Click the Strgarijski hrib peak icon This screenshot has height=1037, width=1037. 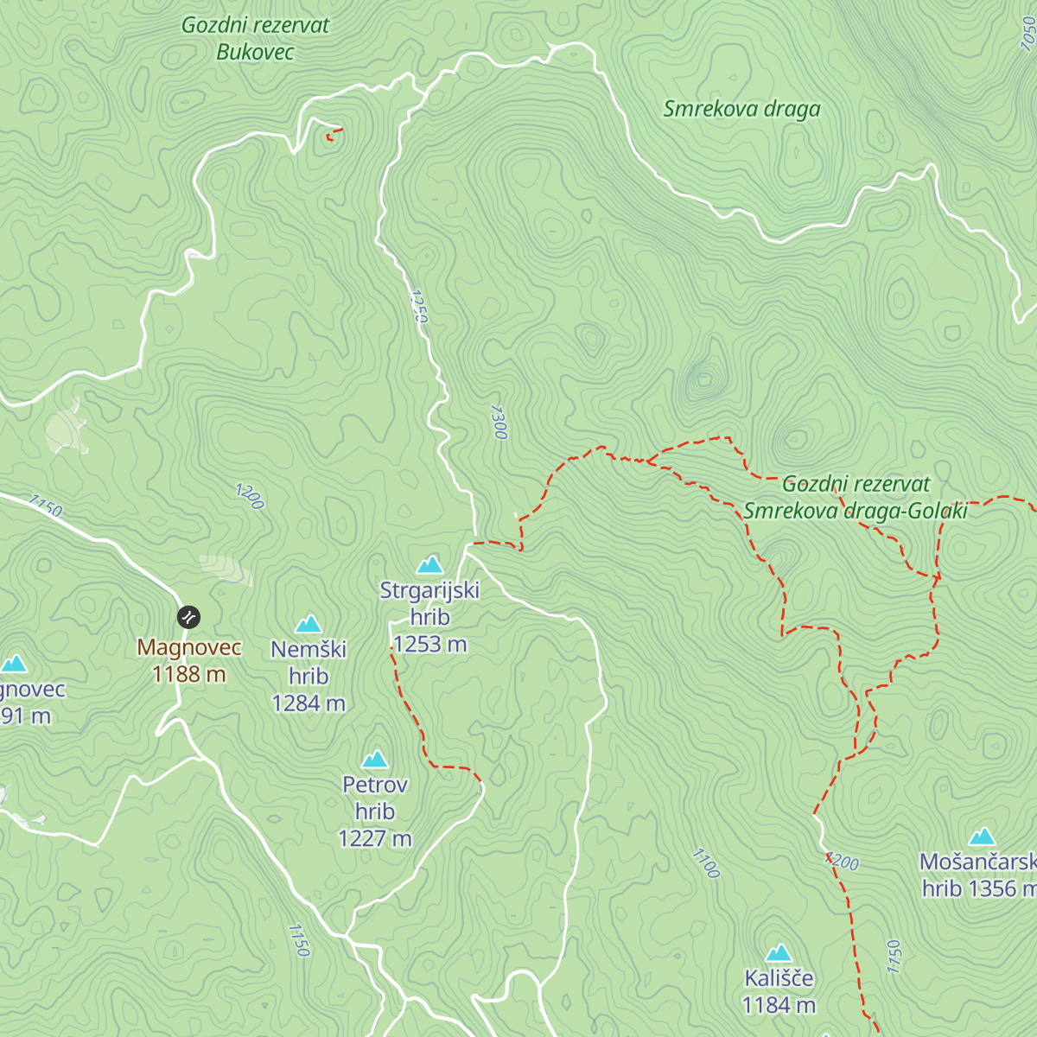429,565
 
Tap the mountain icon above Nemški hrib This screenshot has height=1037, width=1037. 309,624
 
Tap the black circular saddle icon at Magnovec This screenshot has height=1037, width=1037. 188,616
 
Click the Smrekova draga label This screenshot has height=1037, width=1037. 741,109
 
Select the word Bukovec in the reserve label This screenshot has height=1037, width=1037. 255,52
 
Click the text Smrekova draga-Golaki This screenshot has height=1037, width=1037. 855,511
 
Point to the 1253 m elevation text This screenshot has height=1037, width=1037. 429,644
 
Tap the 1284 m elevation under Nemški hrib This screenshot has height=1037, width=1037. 309,703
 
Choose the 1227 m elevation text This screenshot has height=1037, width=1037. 374,838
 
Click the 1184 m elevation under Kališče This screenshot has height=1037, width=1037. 779,1005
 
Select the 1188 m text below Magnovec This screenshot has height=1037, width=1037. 188,674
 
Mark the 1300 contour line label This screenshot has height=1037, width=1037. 498,421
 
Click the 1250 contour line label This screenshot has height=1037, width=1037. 417,307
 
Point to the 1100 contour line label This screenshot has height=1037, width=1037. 706,862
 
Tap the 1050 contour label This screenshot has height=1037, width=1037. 1027,33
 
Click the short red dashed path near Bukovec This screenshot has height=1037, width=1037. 334,133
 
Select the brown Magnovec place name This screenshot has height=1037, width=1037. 188,646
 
